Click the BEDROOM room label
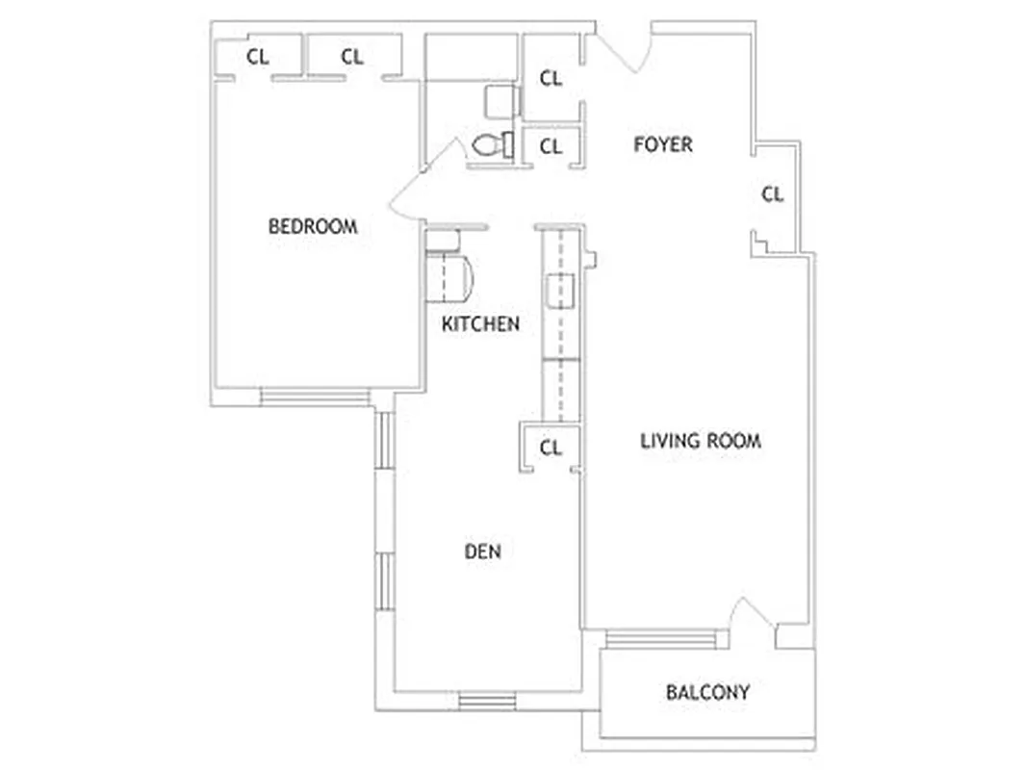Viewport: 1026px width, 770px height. click(312, 226)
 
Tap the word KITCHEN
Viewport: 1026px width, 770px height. click(480, 324)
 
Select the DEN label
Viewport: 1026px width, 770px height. click(482, 552)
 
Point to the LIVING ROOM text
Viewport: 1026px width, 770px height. click(701, 441)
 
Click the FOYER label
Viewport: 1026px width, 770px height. click(663, 144)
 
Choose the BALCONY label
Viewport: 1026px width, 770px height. click(707, 692)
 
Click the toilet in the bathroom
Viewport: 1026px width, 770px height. click(492, 144)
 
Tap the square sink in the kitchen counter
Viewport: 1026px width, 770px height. click(560, 290)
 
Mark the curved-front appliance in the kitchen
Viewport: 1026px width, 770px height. click(449, 278)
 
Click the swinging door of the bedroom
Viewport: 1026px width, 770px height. click(417, 182)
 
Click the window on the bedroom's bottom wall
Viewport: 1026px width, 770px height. click(315, 396)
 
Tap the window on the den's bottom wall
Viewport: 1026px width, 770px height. click(488, 700)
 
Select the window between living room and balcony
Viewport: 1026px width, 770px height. click(661, 639)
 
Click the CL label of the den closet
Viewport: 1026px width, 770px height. click(551, 448)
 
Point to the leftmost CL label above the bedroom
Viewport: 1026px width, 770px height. click(257, 57)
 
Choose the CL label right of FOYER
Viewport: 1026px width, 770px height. click(773, 194)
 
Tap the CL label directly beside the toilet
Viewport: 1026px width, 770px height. click(551, 147)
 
